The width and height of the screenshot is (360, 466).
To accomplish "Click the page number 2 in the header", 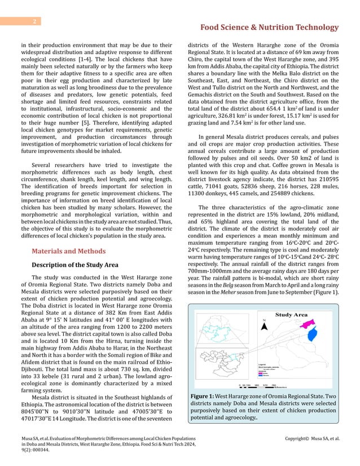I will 34,22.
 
